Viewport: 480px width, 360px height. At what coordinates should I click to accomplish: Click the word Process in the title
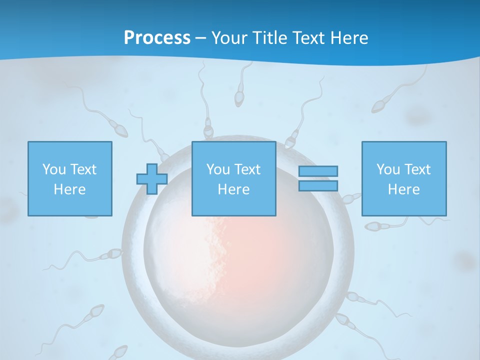pyautogui.click(x=157, y=38)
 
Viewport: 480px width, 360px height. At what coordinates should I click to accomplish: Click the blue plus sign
pyautogui.click(x=152, y=179)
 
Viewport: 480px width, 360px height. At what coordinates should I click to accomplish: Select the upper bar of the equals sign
pyautogui.click(x=318, y=171)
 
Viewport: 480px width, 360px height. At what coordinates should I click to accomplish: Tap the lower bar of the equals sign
pyautogui.click(x=318, y=185)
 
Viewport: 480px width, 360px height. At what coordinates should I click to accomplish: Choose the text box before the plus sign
pyautogui.click(x=70, y=178)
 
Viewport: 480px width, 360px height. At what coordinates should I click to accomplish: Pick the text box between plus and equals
pyautogui.click(x=233, y=178)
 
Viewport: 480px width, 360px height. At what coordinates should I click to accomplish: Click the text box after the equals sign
pyautogui.click(x=403, y=178)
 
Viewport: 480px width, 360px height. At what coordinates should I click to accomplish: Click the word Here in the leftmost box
pyautogui.click(x=70, y=189)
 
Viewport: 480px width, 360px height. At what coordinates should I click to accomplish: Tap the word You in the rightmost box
pyautogui.click(x=388, y=169)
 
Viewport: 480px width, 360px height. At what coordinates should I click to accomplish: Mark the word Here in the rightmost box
pyautogui.click(x=403, y=189)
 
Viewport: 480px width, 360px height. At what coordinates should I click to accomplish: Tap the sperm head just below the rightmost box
pyautogui.click(x=373, y=226)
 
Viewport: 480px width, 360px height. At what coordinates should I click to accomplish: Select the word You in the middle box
pyautogui.click(x=218, y=169)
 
